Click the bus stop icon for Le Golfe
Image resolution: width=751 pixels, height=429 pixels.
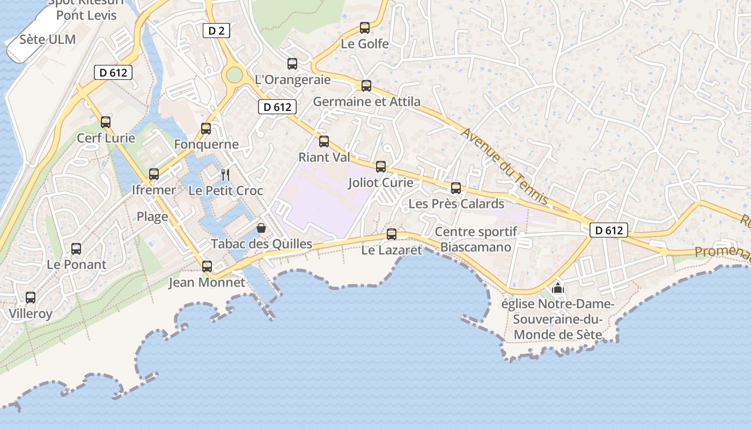tap(365, 28)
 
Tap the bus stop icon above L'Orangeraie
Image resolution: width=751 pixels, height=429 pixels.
tap(292, 64)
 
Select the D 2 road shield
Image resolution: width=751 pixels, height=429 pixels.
tap(216, 31)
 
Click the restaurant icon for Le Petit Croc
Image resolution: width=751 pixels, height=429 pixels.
tap(225, 174)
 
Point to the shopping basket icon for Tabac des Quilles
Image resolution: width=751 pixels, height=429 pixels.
tap(261, 228)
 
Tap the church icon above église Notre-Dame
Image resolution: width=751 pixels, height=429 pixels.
tap(558, 288)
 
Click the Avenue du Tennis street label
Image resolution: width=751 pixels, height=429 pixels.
tap(506, 166)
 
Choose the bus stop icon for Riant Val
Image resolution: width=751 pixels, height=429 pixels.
tap(324, 142)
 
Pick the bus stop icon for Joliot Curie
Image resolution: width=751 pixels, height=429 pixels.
tap(381, 167)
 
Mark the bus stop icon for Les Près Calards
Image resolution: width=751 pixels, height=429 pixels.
tap(456, 188)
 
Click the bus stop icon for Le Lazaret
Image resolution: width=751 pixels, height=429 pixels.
tap(392, 234)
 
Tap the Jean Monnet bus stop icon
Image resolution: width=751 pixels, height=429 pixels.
tap(207, 267)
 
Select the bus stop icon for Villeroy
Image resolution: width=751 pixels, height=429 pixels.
tap(31, 298)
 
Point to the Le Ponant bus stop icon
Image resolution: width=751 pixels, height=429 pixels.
tap(76, 249)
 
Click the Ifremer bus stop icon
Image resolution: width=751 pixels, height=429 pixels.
tap(154, 174)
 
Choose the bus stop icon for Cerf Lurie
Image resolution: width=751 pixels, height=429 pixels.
tap(106, 122)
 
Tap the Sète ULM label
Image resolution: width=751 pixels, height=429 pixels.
tap(48, 39)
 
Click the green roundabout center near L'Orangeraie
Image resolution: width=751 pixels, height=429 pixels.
tap(234, 75)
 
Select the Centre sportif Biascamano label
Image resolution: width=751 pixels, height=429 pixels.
tap(476, 239)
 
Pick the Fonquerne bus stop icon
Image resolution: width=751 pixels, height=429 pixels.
tap(206, 129)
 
